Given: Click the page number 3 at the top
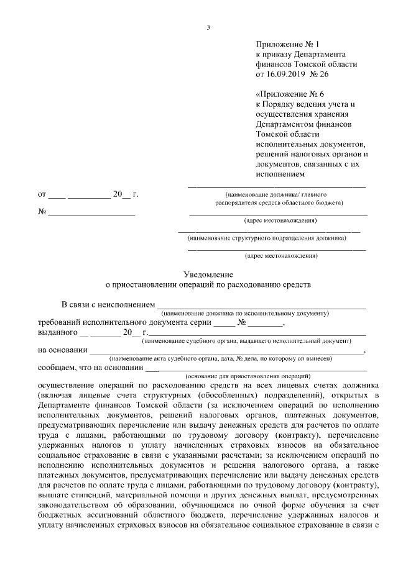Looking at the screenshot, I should (208, 27).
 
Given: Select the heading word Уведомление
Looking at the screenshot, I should (208, 274).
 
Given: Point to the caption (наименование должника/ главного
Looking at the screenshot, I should (277, 194).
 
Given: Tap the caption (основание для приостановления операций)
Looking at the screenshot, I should (248, 376).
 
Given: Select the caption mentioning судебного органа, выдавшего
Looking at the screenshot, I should (247, 340).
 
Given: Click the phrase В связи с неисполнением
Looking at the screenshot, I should (106, 305).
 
